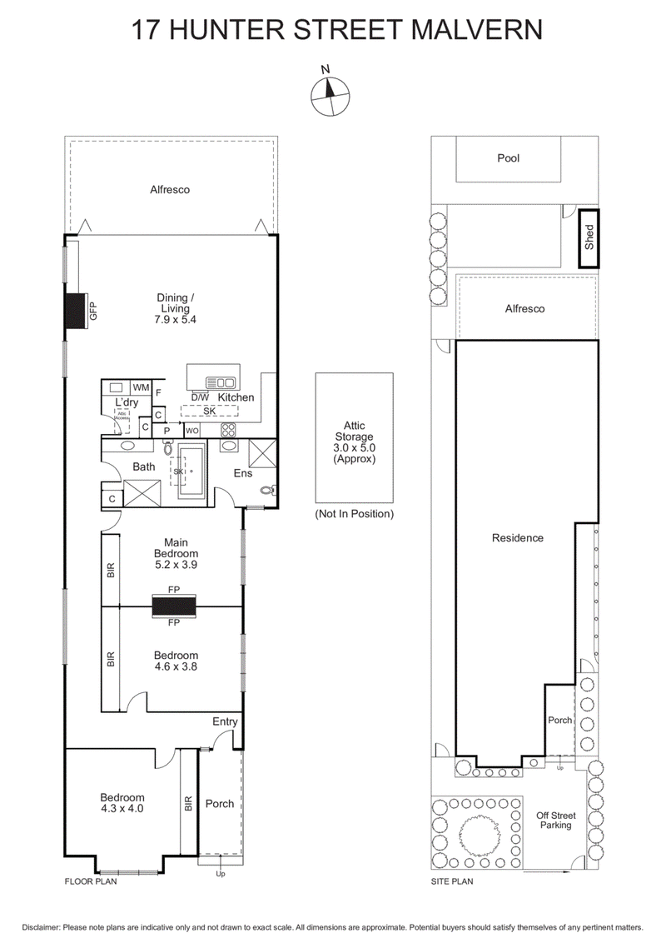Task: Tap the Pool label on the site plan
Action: tap(508, 157)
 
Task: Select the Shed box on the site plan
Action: tap(589, 237)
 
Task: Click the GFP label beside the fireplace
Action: tap(94, 312)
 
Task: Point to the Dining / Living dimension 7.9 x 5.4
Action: tap(176, 319)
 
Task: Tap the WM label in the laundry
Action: tap(140, 387)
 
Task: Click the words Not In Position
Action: tap(354, 514)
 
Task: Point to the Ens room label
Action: tap(242, 473)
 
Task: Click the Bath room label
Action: tap(143, 467)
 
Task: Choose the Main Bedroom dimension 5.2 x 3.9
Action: tap(176, 564)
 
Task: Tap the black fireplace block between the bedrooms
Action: tap(174, 606)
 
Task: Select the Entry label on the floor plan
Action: tap(225, 721)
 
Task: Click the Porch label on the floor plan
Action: tap(220, 803)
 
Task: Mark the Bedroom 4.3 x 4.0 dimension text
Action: tap(122, 808)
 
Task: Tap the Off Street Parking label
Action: tap(554, 820)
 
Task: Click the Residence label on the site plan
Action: tap(517, 537)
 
